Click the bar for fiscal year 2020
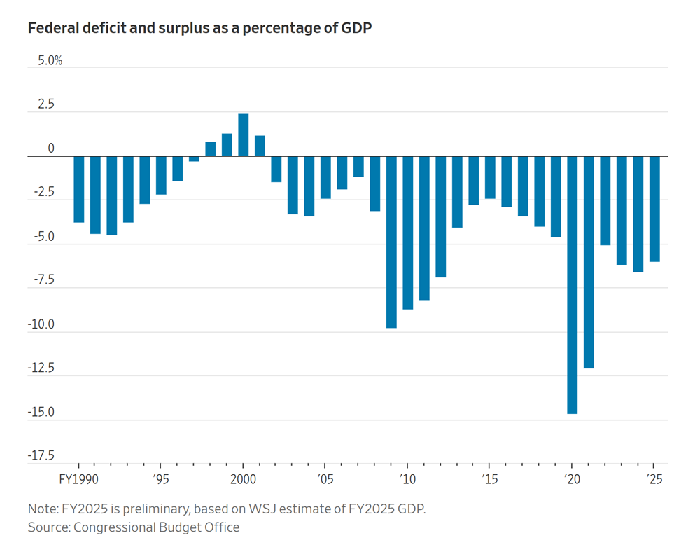click(x=572, y=284)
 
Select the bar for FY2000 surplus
click(x=244, y=135)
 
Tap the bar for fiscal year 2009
click(x=391, y=242)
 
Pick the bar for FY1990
click(x=79, y=189)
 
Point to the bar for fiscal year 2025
click(x=654, y=209)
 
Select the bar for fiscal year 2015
click(x=490, y=177)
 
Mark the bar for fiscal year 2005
click(x=325, y=177)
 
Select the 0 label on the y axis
click(x=50, y=149)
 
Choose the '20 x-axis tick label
click(x=572, y=480)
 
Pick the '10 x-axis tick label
click(x=407, y=480)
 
